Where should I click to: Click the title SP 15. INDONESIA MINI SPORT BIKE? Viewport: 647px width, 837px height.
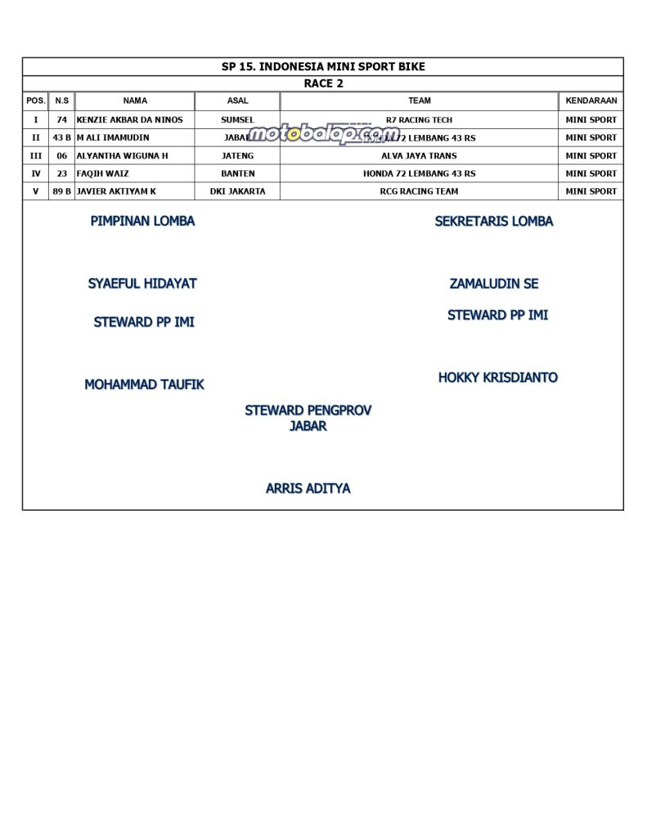[x=323, y=67]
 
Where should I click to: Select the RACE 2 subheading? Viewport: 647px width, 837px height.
[x=323, y=83]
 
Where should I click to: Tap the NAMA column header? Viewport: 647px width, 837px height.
[x=135, y=101]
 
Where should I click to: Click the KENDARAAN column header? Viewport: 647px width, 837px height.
[x=591, y=101]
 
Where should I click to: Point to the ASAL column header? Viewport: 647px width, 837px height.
[x=237, y=101]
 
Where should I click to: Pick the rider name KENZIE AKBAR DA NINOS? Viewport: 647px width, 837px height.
[x=129, y=120]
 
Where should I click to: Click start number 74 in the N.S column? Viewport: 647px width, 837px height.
[x=61, y=120]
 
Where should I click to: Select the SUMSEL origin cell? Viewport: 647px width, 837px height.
[x=237, y=120]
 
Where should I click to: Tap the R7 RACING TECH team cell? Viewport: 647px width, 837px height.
[x=419, y=120]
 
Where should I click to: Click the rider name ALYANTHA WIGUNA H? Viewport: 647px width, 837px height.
[x=122, y=156]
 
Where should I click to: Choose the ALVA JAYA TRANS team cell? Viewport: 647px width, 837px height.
[x=419, y=156]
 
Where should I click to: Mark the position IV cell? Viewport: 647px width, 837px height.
[x=36, y=174]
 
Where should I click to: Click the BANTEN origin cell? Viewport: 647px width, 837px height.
[x=237, y=174]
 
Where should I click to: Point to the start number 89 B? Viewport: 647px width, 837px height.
[x=61, y=192]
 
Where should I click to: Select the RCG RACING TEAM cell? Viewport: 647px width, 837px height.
[x=419, y=192]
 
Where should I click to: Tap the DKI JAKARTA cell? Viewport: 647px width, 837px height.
[x=237, y=192]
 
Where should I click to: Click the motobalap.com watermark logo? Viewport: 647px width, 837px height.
[x=323, y=134]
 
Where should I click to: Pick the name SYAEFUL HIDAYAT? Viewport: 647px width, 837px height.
[x=142, y=284]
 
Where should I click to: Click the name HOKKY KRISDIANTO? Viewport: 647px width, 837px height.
[x=497, y=378]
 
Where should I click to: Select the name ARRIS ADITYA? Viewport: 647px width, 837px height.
[x=308, y=489]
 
